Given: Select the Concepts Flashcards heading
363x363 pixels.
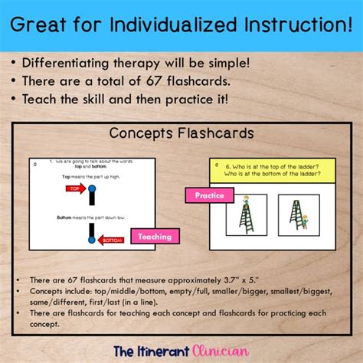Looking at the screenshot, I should (x=181, y=133).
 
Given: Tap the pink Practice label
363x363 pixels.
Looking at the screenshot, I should (x=208, y=195).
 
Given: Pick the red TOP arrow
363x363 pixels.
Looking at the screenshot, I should (x=75, y=188).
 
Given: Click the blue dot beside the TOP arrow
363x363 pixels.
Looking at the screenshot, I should (x=92, y=188).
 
